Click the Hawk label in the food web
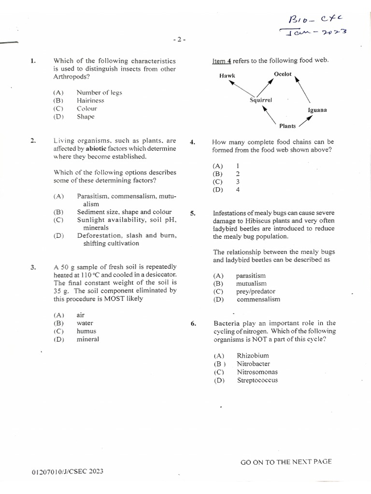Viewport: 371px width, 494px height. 227,75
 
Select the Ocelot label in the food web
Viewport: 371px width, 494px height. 283,74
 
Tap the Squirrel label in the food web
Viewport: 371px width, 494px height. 261,100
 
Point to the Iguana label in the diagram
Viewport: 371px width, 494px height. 317,110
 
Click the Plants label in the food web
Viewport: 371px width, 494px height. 287,126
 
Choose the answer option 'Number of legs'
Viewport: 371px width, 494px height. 99,92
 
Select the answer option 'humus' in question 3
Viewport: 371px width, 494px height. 86,331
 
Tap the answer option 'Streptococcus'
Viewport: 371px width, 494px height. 257,380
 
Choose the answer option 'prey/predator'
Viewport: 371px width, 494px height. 255,291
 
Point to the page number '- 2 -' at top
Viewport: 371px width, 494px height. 179,40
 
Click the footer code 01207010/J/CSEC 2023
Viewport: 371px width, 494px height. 67,471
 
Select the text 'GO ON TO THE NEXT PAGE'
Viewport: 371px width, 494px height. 286,462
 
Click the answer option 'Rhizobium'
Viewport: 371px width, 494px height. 253,356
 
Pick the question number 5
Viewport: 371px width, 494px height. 193,213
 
